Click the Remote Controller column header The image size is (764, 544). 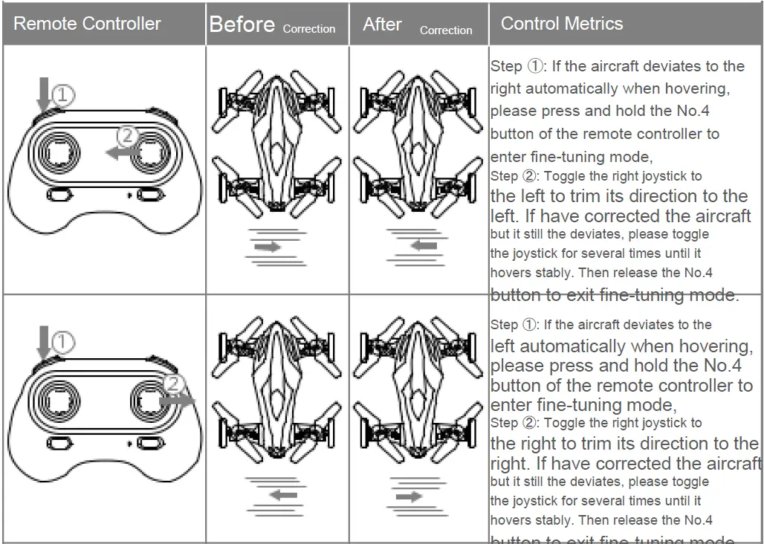[x=87, y=23]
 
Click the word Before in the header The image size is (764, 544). [x=242, y=25]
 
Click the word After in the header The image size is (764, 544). [x=382, y=25]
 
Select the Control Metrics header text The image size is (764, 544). [x=562, y=23]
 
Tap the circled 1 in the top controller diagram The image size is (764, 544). [x=63, y=94]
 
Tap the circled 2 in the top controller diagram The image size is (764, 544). [x=129, y=136]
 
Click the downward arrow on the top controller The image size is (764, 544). [x=43, y=94]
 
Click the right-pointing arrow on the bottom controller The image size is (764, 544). [x=177, y=399]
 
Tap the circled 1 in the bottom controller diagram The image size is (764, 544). [x=63, y=342]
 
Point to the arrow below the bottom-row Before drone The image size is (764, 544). [x=282, y=494]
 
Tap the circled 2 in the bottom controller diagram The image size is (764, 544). [x=172, y=383]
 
